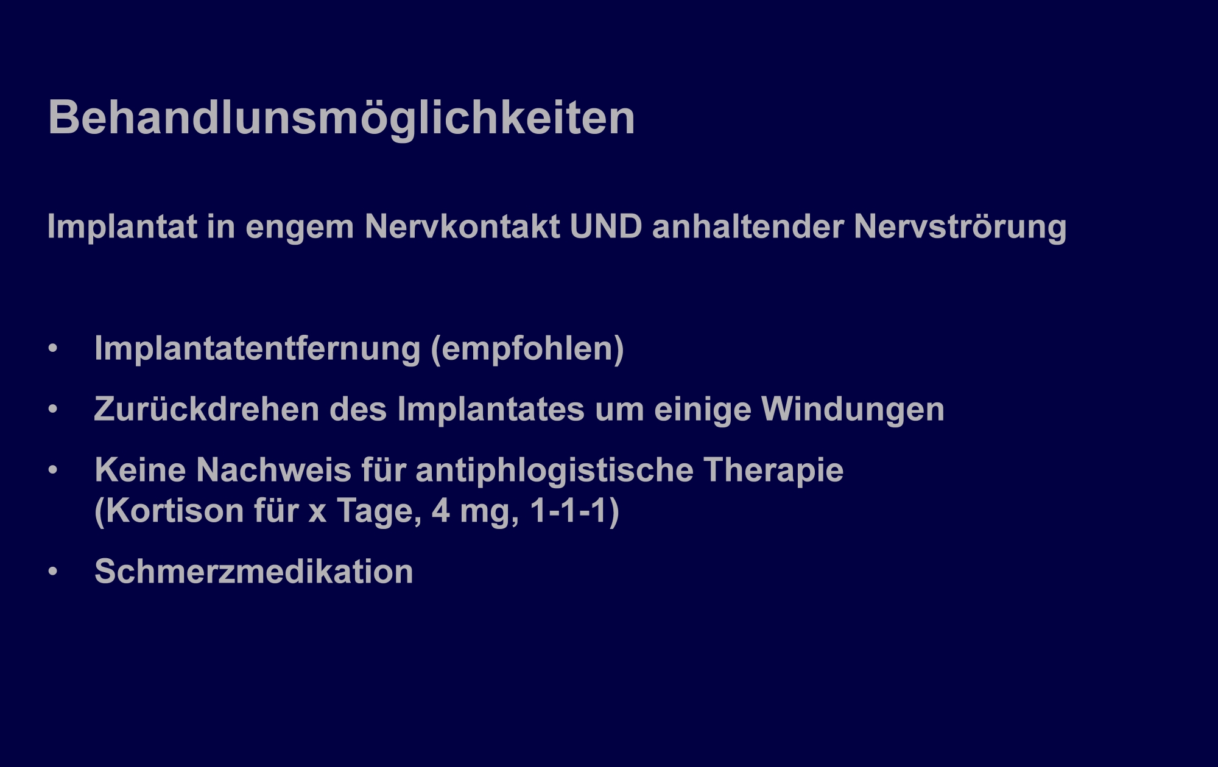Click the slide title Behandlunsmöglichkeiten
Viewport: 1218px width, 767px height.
pos(342,119)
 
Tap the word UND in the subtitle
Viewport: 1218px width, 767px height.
pos(606,227)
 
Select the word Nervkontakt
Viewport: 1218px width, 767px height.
pos(462,227)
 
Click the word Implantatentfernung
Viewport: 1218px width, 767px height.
pos(258,349)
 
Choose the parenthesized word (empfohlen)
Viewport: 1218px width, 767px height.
pos(527,349)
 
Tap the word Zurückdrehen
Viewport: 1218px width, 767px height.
pos(207,409)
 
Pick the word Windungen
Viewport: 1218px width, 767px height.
pos(853,410)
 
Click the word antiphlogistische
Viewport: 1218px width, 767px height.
pos(555,471)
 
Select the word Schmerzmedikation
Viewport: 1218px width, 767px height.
pos(254,572)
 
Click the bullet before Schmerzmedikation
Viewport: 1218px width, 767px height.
pos(53,572)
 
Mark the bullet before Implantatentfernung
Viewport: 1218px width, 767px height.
pos(53,349)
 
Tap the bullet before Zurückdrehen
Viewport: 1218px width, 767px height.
pos(53,410)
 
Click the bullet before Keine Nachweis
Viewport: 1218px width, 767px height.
pos(53,471)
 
